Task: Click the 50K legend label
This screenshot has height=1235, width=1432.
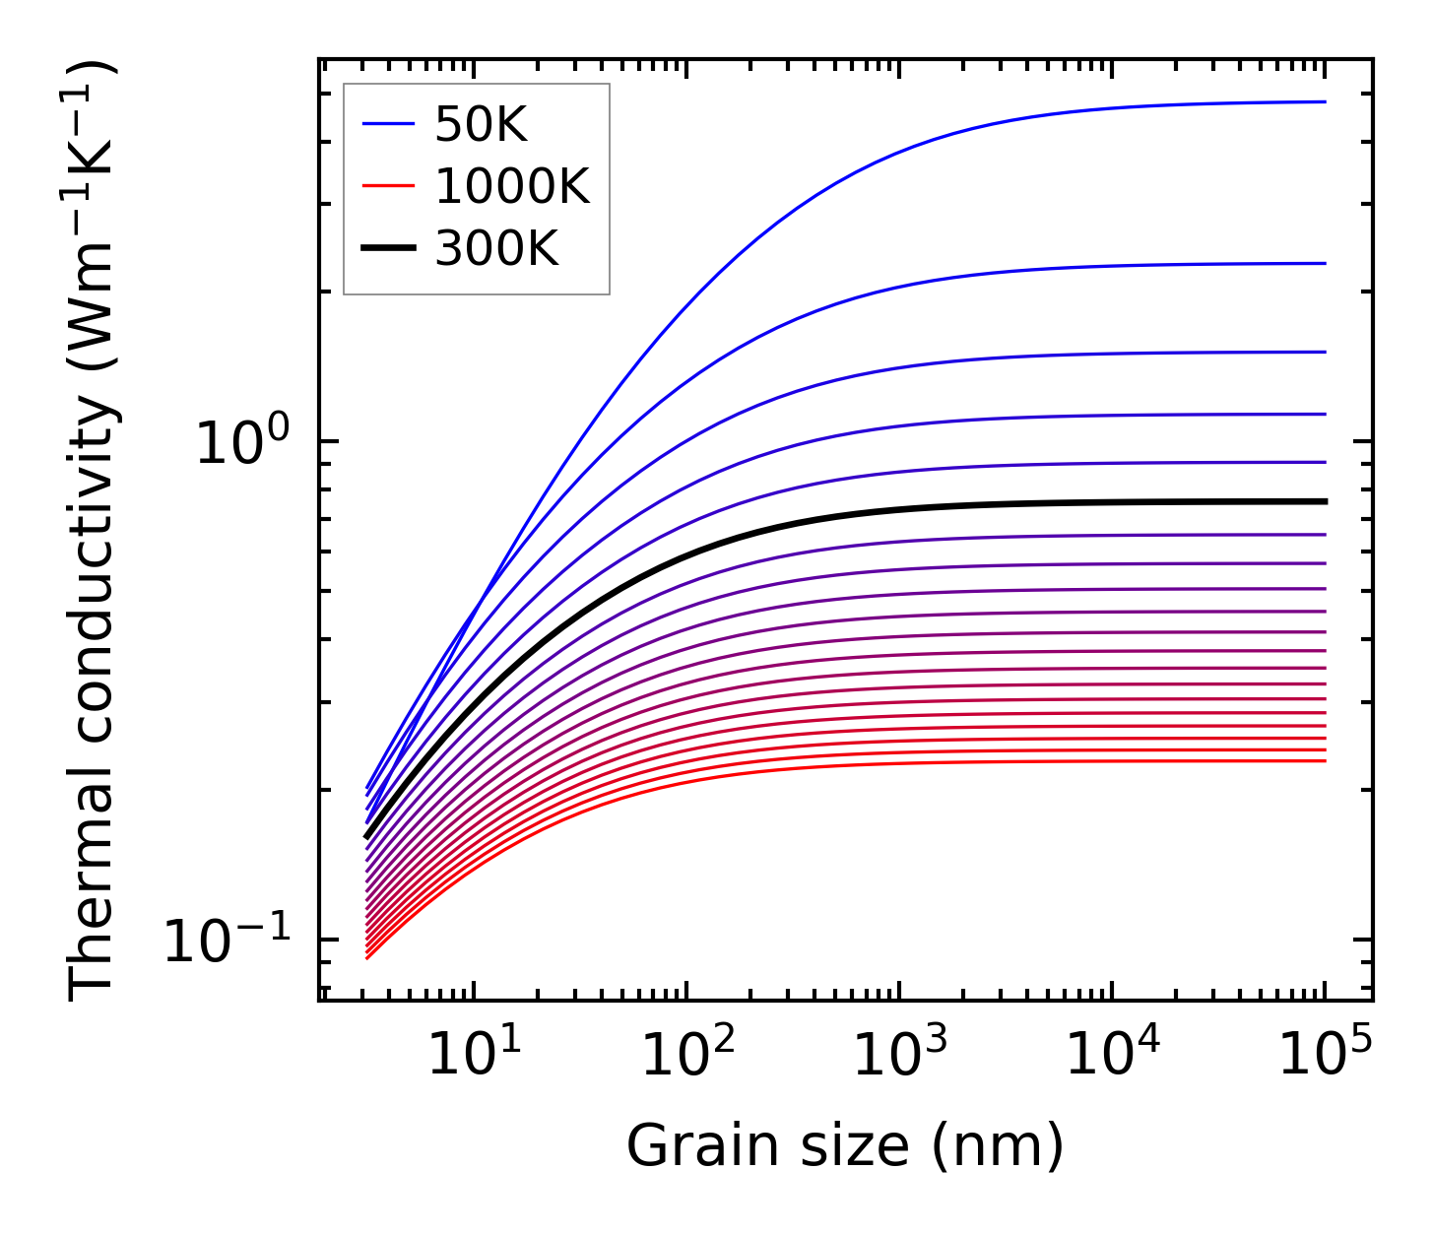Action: point(482,125)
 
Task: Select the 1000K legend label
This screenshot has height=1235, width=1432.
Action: point(512,186)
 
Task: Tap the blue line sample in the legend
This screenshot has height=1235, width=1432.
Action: point(389,124)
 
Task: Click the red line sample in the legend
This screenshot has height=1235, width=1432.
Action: point(389,186)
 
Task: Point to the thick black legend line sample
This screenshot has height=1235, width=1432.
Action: point(389,248)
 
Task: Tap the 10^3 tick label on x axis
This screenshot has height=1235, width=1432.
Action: point(899,1055)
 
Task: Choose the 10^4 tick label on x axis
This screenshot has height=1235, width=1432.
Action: point(1112,1055)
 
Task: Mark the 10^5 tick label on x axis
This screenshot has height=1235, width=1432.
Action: point(1325,1055)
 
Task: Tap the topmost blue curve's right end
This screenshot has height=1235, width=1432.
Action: point(1324,101)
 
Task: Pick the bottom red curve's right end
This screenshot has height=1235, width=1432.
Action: point(1324,760)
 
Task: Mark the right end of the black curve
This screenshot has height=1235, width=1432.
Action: point(1324,501)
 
